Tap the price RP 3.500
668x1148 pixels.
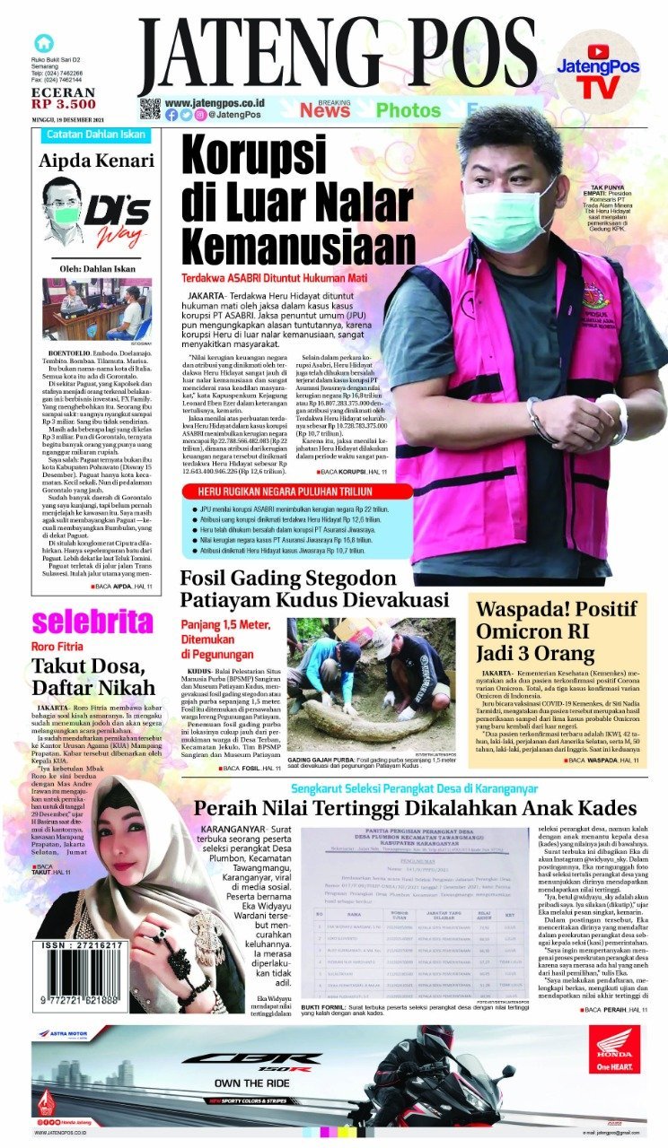[x=64, y=104]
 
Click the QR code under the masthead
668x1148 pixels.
[x=150, y=109]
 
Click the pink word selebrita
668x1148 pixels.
[x=92, y=622]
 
